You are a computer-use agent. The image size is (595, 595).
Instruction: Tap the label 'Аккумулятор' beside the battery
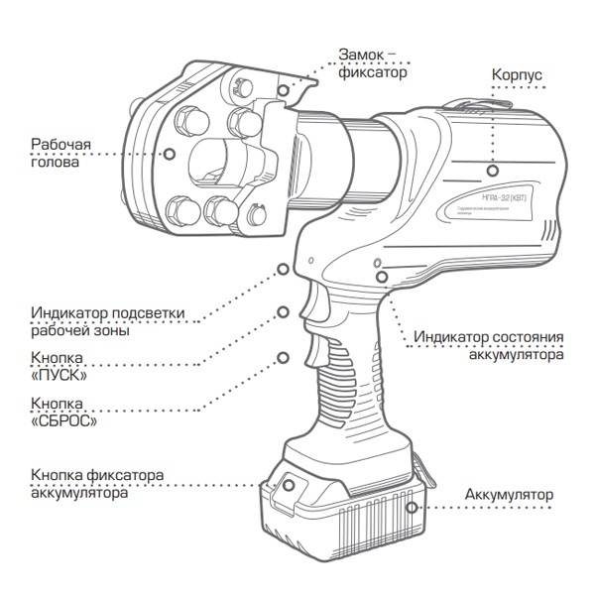coord(509,494)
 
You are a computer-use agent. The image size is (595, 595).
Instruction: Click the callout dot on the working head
coord(170,154)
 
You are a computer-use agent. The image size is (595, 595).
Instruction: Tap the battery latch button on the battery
coord(291,485)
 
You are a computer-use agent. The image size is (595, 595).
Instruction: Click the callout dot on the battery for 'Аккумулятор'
coord(414,506)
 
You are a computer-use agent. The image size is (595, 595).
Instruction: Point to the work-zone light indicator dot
coord(285,268)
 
